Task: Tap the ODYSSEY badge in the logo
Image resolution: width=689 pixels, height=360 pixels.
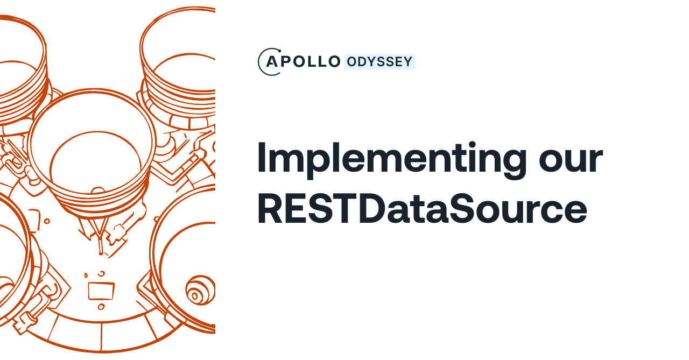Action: coord(379,62)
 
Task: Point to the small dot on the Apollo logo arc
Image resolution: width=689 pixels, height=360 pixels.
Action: coord(279,51)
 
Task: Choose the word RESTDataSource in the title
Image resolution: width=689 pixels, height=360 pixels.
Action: coord(422,209)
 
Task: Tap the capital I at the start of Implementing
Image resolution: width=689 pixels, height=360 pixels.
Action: coord(262,158)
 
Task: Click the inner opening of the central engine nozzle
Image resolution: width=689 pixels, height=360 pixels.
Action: coord(95,161)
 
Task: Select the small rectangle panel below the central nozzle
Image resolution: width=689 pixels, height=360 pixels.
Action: coord(101,291)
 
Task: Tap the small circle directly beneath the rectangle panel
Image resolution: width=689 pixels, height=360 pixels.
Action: coord(101,307)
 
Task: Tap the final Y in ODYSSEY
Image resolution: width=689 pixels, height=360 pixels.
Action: coord(407,62)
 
